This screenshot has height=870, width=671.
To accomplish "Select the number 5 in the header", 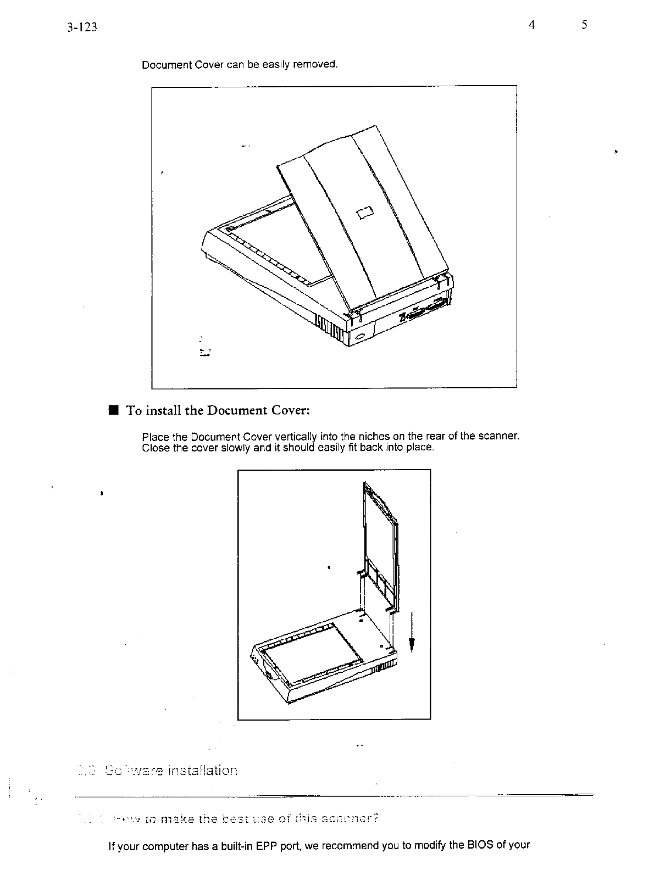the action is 585,25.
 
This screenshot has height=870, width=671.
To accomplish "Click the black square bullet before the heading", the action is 113,410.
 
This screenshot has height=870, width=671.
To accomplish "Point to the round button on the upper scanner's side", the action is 360,336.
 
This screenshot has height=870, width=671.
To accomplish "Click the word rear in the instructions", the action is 439,437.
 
